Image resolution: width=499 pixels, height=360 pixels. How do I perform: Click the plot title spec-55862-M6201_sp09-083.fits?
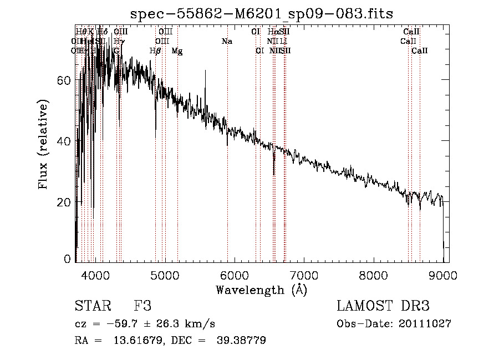(262, 14)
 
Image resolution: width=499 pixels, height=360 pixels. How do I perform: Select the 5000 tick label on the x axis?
(165, 274)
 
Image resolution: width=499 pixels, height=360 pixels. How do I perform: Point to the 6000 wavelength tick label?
(235, 274)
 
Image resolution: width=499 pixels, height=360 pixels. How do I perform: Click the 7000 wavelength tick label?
(304, 274)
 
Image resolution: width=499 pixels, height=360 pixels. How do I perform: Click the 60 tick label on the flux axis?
(64, 80)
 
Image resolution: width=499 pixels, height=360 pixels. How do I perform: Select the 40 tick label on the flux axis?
(64, 141)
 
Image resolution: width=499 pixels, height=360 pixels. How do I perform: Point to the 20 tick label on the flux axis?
(64, 202)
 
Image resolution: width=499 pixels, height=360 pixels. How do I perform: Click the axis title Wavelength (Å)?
(261, 290)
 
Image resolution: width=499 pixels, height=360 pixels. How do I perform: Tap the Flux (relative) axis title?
(43, 144)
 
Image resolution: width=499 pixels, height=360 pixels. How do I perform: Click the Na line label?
(227, 42)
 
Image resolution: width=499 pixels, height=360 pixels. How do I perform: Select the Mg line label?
(177, 51)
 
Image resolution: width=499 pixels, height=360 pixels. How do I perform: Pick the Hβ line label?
(156, 51)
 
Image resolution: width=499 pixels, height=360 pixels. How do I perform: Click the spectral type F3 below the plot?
(142, 306)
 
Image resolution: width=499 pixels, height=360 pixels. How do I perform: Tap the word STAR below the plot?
(92, 306)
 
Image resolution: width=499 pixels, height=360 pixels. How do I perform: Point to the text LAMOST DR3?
(383, 306)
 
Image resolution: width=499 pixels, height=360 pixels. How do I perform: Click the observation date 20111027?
(425, 324)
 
